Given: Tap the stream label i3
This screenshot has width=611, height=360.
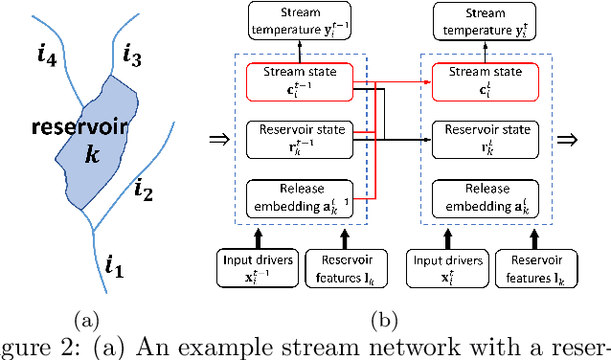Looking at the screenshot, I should tap(132, 56).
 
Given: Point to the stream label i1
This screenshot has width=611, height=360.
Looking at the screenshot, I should tap(114, 262).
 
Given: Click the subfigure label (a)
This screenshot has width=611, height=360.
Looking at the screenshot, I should tap(85, 317).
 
